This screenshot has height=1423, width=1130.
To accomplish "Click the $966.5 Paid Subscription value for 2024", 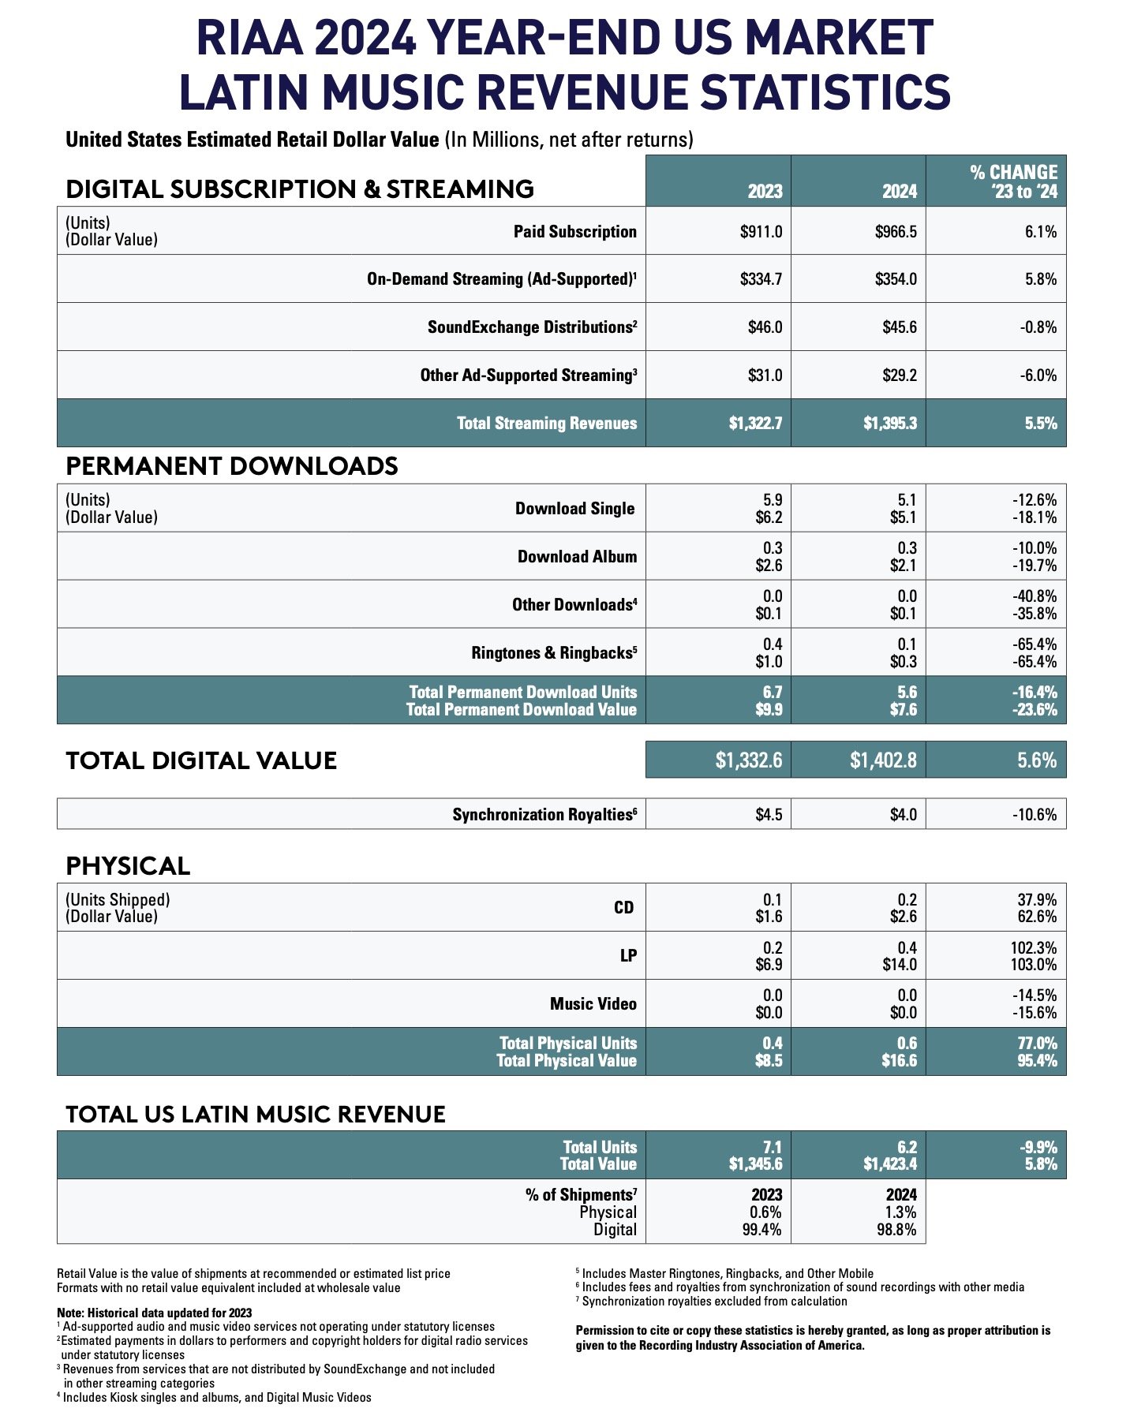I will click(x=896, y=232).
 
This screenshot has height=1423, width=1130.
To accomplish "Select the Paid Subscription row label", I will click(x=574, y=232).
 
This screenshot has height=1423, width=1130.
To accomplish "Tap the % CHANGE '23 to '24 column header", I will click(x=1013, y=182).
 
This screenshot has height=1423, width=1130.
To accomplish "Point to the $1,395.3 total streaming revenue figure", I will click(x=889, y=424).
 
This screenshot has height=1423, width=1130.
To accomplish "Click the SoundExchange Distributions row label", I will click(x=532, y=327).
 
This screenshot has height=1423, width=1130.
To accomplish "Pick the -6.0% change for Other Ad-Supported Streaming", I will click(x=1036, y=375).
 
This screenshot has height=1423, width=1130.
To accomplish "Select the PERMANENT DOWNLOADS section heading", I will click(x=231, y=466).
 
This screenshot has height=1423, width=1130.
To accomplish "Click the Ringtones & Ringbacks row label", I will click(x=553, y=653).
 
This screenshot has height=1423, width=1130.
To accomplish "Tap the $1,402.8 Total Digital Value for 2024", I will click(x=883, y=760).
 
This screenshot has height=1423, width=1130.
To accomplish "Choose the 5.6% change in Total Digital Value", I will click(x=1036, y=760).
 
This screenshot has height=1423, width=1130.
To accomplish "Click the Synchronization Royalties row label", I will click(x=544, y=815).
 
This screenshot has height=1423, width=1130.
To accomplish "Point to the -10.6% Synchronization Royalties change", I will click(x=1035, y=815).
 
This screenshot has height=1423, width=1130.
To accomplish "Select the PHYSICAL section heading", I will click(x=128, y=866).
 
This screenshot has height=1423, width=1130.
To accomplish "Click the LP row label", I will click(x=628, y=956).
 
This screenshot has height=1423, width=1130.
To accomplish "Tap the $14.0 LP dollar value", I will click(x=900, y=965).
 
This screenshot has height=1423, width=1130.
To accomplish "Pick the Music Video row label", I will click(x=593, y=1004).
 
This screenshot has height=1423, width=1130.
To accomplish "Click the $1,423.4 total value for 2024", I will click(x=889, y=1164).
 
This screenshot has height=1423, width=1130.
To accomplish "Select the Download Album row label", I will click(x=577, y=557).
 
